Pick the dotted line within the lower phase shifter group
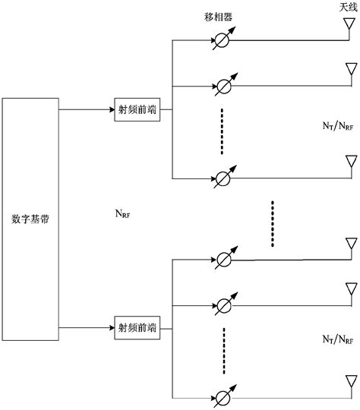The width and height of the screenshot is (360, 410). (225, 351)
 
